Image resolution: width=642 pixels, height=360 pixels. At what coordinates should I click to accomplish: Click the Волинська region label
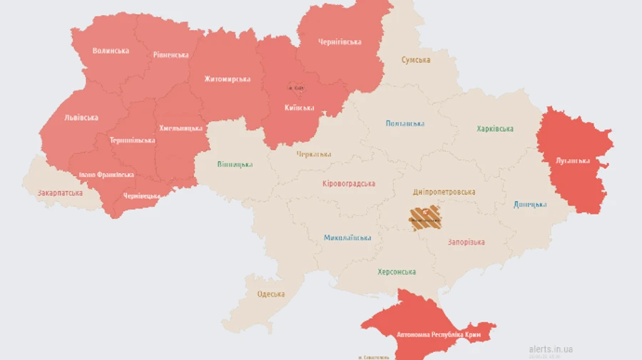pyautogui.click(x=111, y=51)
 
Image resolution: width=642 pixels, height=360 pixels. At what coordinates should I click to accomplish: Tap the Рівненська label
pyautogui.click(x=171, y=55)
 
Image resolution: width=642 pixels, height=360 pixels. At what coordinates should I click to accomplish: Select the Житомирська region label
pyautogui.click(x=227, y=79)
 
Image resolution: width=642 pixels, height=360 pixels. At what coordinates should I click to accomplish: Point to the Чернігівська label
pyautogui.click(x=340, y=42)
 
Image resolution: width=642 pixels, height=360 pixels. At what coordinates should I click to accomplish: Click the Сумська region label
pyautogui.click(x=415, y=61)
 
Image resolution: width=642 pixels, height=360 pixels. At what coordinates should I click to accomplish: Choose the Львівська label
pyautogui.click(x=81, y=118)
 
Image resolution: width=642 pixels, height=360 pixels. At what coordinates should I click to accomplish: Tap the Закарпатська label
pyautogui.click(x=60, y=193)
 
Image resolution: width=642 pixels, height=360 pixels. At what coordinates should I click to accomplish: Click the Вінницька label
pyautogui.click(x=235, y=165)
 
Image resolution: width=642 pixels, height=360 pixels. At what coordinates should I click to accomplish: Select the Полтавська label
pyautogui.click(x=404, y=124)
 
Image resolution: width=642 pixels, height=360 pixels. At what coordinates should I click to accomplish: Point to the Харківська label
pyautogui.click(x=495, y=129)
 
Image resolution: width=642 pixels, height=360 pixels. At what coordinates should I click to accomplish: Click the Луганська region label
pyautogui.click(x=574, y=160)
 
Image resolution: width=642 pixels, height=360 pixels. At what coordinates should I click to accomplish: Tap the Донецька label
pyautogui.click(x=530, y=205)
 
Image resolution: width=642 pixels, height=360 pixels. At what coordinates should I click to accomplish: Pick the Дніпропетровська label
pyautogui.click(x=444, y=192)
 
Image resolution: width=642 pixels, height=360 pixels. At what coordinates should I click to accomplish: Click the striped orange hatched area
pyautogui.click(x=425, y=217)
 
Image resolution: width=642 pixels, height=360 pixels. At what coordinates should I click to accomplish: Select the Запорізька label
pyautogui.click(x=466, y=242)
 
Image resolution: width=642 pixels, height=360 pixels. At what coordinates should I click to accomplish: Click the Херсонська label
pyautogui.click(x=397, y=272)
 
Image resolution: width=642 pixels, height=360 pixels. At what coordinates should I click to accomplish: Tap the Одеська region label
pyautogui.click(x=270, y=294)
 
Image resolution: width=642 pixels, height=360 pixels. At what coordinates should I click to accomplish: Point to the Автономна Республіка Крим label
pyautogui.click(x=429, y=334)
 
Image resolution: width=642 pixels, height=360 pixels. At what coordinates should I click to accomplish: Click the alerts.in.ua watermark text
pyautogui.click(x=551, y=349)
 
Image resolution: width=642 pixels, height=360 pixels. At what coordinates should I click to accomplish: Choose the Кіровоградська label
pyautogui.click(x=349, y=184)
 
